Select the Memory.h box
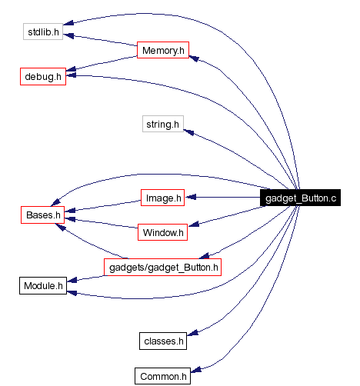pos(162,51)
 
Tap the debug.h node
pos(42,77)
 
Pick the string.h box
pos(162,123)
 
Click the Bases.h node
pos(42,215)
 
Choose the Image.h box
pos(163,198)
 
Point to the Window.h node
pos(162,231)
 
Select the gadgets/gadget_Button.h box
pos(162,267)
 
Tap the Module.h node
pos(42,286)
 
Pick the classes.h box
pos(163,340)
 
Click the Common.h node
pos(162,376)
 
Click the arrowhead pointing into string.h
pos(188,132)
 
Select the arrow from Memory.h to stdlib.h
pos(100,42)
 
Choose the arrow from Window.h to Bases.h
pos(100,222)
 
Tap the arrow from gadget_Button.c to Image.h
pos(223,198)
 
